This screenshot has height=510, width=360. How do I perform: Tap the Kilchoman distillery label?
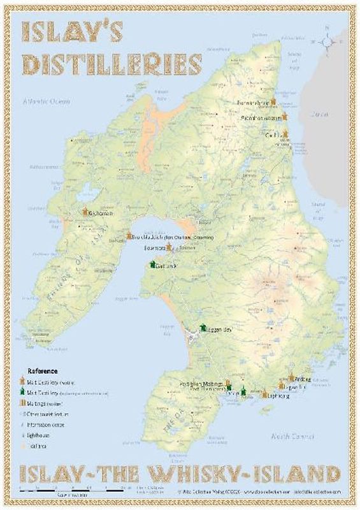point(101,213)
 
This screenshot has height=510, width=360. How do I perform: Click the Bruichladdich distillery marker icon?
point(129,236)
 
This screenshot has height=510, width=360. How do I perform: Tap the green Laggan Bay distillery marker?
point(201,327)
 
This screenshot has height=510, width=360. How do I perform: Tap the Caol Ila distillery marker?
point(285,135)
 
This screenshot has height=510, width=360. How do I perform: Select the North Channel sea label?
point(292,436)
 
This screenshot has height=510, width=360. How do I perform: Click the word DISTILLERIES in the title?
point(112,64)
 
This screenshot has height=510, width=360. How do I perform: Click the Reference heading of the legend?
point(42,370)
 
